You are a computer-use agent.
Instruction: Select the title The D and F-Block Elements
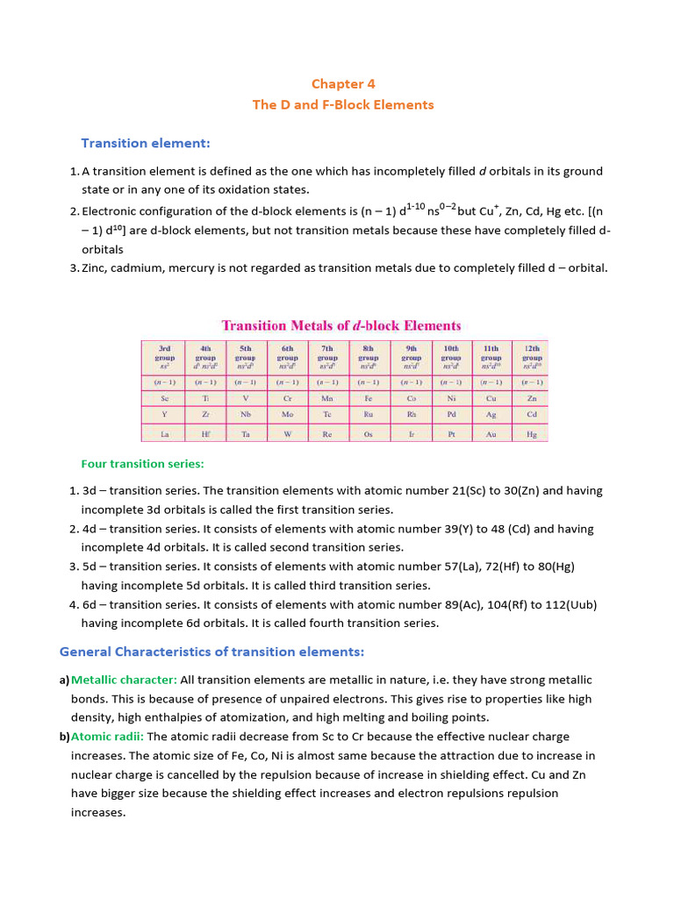343,104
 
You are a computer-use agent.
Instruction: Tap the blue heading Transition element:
146,143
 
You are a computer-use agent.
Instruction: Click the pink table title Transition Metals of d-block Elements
341,325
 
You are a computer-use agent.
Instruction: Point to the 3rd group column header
164,358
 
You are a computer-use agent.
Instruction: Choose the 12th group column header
532,358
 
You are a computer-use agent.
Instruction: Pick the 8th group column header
368,358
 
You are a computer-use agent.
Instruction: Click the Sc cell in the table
164,397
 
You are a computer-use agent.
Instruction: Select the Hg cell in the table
532,434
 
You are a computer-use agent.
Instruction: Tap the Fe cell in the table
368,397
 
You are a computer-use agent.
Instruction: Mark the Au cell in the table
491,434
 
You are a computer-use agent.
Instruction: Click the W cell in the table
287,434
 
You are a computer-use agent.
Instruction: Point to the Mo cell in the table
287,415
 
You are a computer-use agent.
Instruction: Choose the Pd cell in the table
450,415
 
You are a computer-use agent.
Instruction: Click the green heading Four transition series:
142,464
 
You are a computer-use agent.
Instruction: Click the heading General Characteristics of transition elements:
212,652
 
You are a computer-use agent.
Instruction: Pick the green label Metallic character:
124,680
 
